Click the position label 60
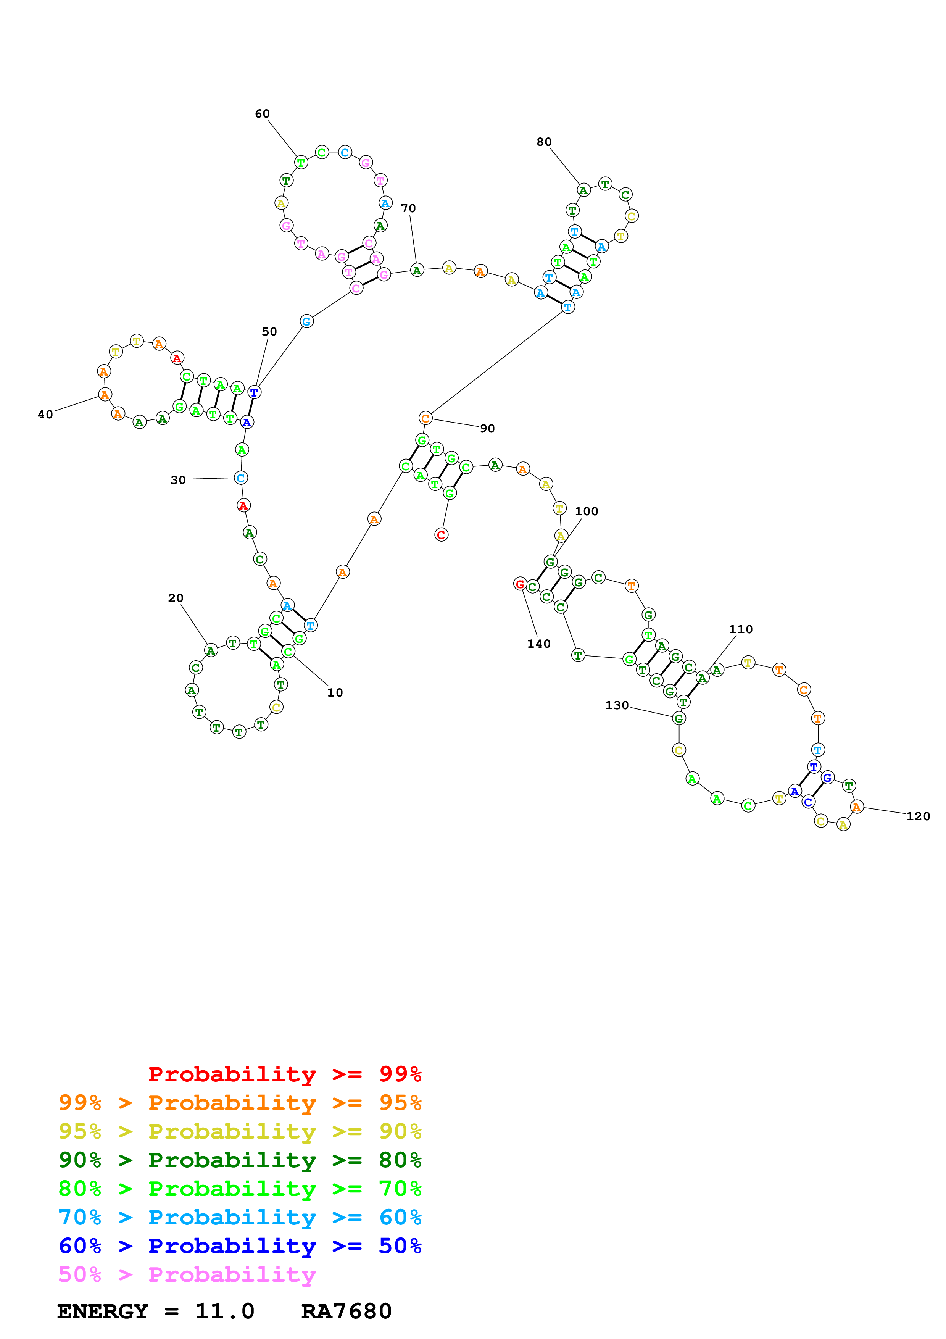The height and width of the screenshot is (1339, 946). (262, 114)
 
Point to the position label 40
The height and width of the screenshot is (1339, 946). (45, 414)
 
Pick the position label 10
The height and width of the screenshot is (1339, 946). (335, 692)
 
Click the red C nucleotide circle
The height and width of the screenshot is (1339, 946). (441, 534)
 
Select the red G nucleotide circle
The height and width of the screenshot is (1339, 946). (520, 584)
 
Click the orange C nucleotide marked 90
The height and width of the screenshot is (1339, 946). (425, 418)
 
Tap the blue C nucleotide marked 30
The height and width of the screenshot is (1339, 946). (241, 478)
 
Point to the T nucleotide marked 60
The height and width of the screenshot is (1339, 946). (301, 162)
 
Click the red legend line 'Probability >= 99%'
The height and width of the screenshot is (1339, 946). (284, 1074)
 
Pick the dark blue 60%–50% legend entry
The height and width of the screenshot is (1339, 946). (240, 1246)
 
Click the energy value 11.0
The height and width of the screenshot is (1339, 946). (224, 1311)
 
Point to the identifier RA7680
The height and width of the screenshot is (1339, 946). (346, 1311)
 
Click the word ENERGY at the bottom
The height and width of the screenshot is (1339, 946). (103, 1311)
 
